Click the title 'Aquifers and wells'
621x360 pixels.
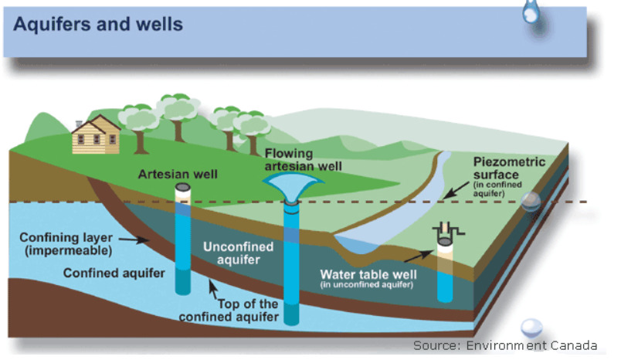click(x=98, y=24)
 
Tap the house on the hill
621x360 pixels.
click(x=96, y=134)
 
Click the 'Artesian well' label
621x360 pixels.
click(x=178, y=175)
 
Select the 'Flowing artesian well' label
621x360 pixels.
click(x=303, y=160)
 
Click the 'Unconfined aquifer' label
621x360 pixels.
click(x=239, y=253)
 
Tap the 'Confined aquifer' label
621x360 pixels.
click(x=114, y=273)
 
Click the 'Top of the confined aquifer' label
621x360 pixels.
click(x=229, y=310)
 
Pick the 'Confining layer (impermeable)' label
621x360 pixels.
click(x=66, y=243)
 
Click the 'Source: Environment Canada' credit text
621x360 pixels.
click(x=505, y=345)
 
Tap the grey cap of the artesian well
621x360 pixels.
click(x=182, y=187)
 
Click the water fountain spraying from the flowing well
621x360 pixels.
click(x=293, y=187)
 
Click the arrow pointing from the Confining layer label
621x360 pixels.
click(x=134, y=239)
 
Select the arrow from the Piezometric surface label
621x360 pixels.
click(x=456, y=190)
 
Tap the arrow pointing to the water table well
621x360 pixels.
click(x=419, y=256)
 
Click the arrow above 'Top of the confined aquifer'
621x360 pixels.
click(x=213, y=289)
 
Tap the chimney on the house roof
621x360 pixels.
click(x=79, y=124)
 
